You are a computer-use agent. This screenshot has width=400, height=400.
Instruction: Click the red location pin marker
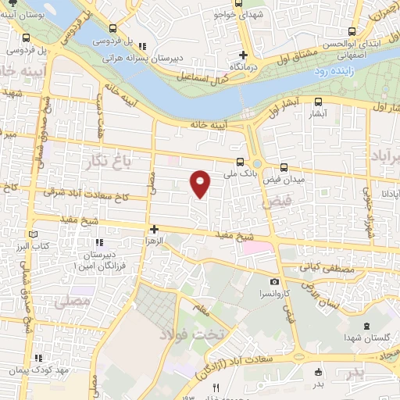click(201, 183)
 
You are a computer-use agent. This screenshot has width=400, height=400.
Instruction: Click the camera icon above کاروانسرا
click(274, 281)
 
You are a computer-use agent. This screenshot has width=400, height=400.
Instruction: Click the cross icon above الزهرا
click(154, 230)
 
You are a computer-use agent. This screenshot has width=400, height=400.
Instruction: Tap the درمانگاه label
click(244, 67)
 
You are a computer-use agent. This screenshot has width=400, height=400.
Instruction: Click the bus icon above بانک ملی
click(239, 163)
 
